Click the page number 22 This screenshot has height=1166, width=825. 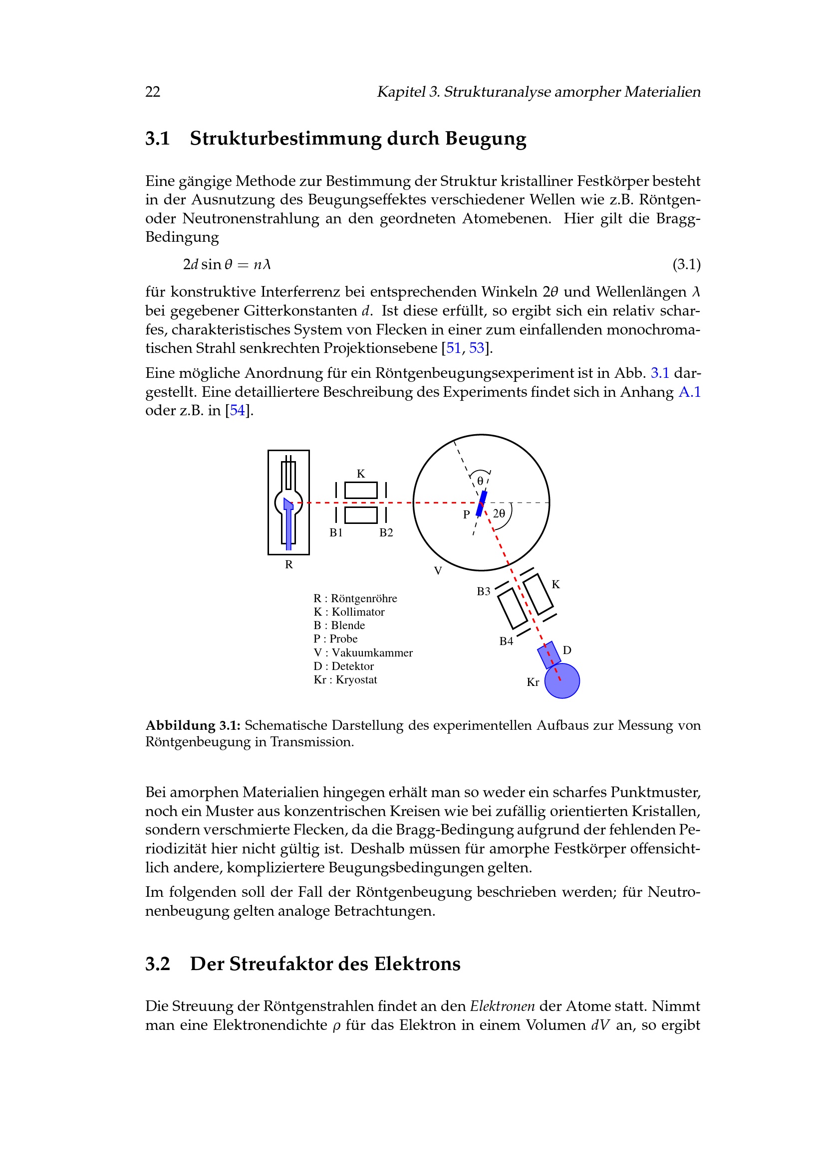153,92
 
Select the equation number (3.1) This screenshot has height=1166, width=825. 686,265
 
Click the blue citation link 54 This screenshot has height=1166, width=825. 238,410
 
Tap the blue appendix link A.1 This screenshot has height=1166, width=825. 689,392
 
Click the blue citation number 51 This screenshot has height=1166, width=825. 453,348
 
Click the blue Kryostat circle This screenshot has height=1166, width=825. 562,681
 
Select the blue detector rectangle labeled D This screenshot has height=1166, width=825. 549,655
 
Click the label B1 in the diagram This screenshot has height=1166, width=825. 336,533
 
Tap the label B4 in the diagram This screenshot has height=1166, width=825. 506,642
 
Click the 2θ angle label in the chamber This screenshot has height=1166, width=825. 499,514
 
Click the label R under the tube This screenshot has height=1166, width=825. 288,565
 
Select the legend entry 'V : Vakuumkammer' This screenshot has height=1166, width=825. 363,653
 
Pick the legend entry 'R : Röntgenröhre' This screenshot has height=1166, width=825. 355,599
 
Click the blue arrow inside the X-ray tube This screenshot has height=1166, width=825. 288,523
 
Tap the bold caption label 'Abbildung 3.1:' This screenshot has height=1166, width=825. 193,726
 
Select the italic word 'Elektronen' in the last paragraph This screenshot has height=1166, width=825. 502,1006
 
